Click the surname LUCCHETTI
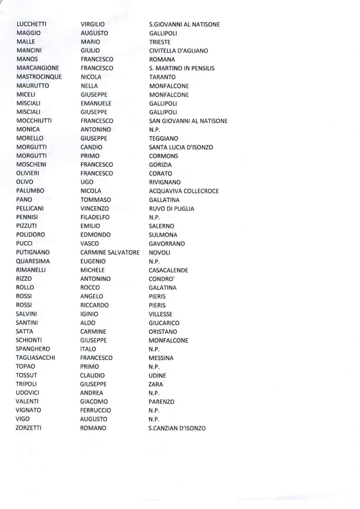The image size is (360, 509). (31, 24)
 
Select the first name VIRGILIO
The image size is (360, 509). (93, 24)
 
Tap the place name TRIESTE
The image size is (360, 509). (160, 42)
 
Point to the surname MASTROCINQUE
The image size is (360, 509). (39, 77)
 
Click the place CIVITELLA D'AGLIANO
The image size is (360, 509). (179, 51)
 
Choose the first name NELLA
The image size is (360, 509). (89, 86)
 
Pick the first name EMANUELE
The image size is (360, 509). (96, 103)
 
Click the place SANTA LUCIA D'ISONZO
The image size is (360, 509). (181, 147)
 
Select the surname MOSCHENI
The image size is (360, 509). (31, 164)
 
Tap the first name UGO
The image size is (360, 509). (87, 182)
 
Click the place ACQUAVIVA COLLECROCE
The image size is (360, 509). (184, 191)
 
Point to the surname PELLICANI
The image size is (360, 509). (30, 208)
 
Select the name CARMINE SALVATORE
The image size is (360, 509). (110, 252)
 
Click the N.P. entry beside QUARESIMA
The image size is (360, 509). (154, 261)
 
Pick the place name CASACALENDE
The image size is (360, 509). (168, 270)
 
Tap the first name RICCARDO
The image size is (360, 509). (94, 305)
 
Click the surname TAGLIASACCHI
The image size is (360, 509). (35, 358)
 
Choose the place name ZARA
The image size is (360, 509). (156, 384)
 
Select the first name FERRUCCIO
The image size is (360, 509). (96, 410)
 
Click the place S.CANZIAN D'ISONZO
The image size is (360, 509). (177, 428)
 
